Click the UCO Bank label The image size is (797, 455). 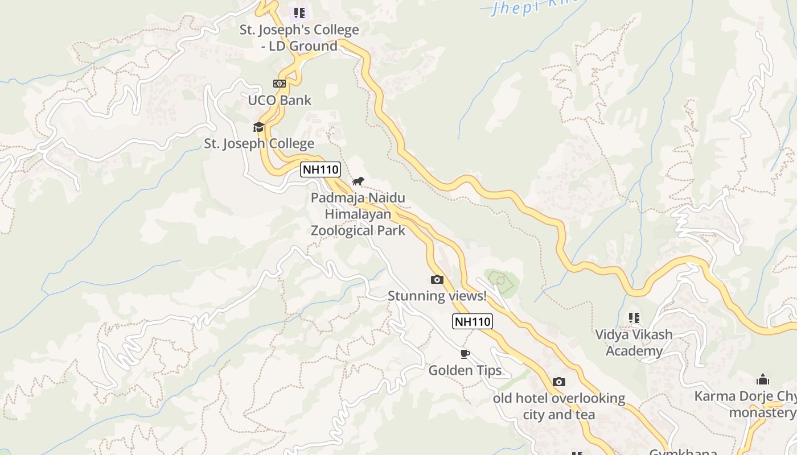pos(280,101)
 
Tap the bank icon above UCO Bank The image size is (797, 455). pos(279,84)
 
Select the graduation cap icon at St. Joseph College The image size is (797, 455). pos(259,127)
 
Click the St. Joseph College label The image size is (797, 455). pos(259,143)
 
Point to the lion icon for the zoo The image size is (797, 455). pos(358,181)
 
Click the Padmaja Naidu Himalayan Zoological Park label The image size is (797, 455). pos(358,214)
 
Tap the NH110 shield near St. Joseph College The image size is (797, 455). pos(321,169)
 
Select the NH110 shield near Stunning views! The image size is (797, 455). pos(473,321)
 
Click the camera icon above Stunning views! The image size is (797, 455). pos(437,279)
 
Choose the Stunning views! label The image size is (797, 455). pos(437,296)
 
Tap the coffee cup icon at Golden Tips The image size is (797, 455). pos(465,354)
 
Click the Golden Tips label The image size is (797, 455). pos(465,371)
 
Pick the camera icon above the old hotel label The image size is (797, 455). pos(559,382)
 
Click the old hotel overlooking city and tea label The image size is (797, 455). pos(559,406)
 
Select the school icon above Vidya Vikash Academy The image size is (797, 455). pos(634,318)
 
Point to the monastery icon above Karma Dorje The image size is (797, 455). pos(763,379)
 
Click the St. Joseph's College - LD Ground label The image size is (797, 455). pos(299,38)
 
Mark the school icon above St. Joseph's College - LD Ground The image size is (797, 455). pos(299,13)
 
